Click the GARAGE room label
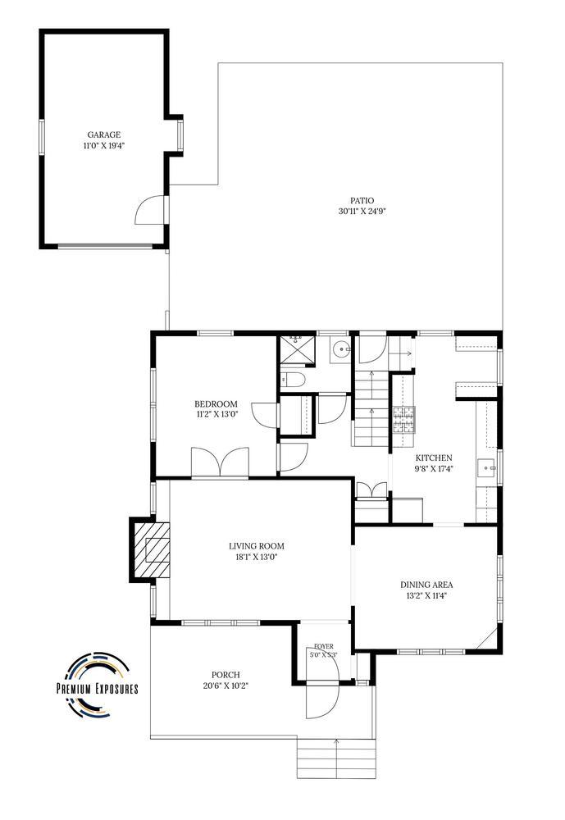coord(103,135)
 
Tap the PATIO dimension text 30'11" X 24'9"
coord(362,212)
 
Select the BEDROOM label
coord(216,403)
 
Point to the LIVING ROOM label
coord(257,546)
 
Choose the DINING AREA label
coord(427,585)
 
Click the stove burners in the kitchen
coord(404,420)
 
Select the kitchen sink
coord(486,467)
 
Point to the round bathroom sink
coord(343,347)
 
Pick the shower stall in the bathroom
coord(297,350)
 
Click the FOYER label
coord(324,647)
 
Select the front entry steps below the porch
coord(337,758)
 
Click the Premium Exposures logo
coord(98,684)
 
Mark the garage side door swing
coord(149,210)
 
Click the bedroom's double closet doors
coord(220,462)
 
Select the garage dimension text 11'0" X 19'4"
coord(103,146)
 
